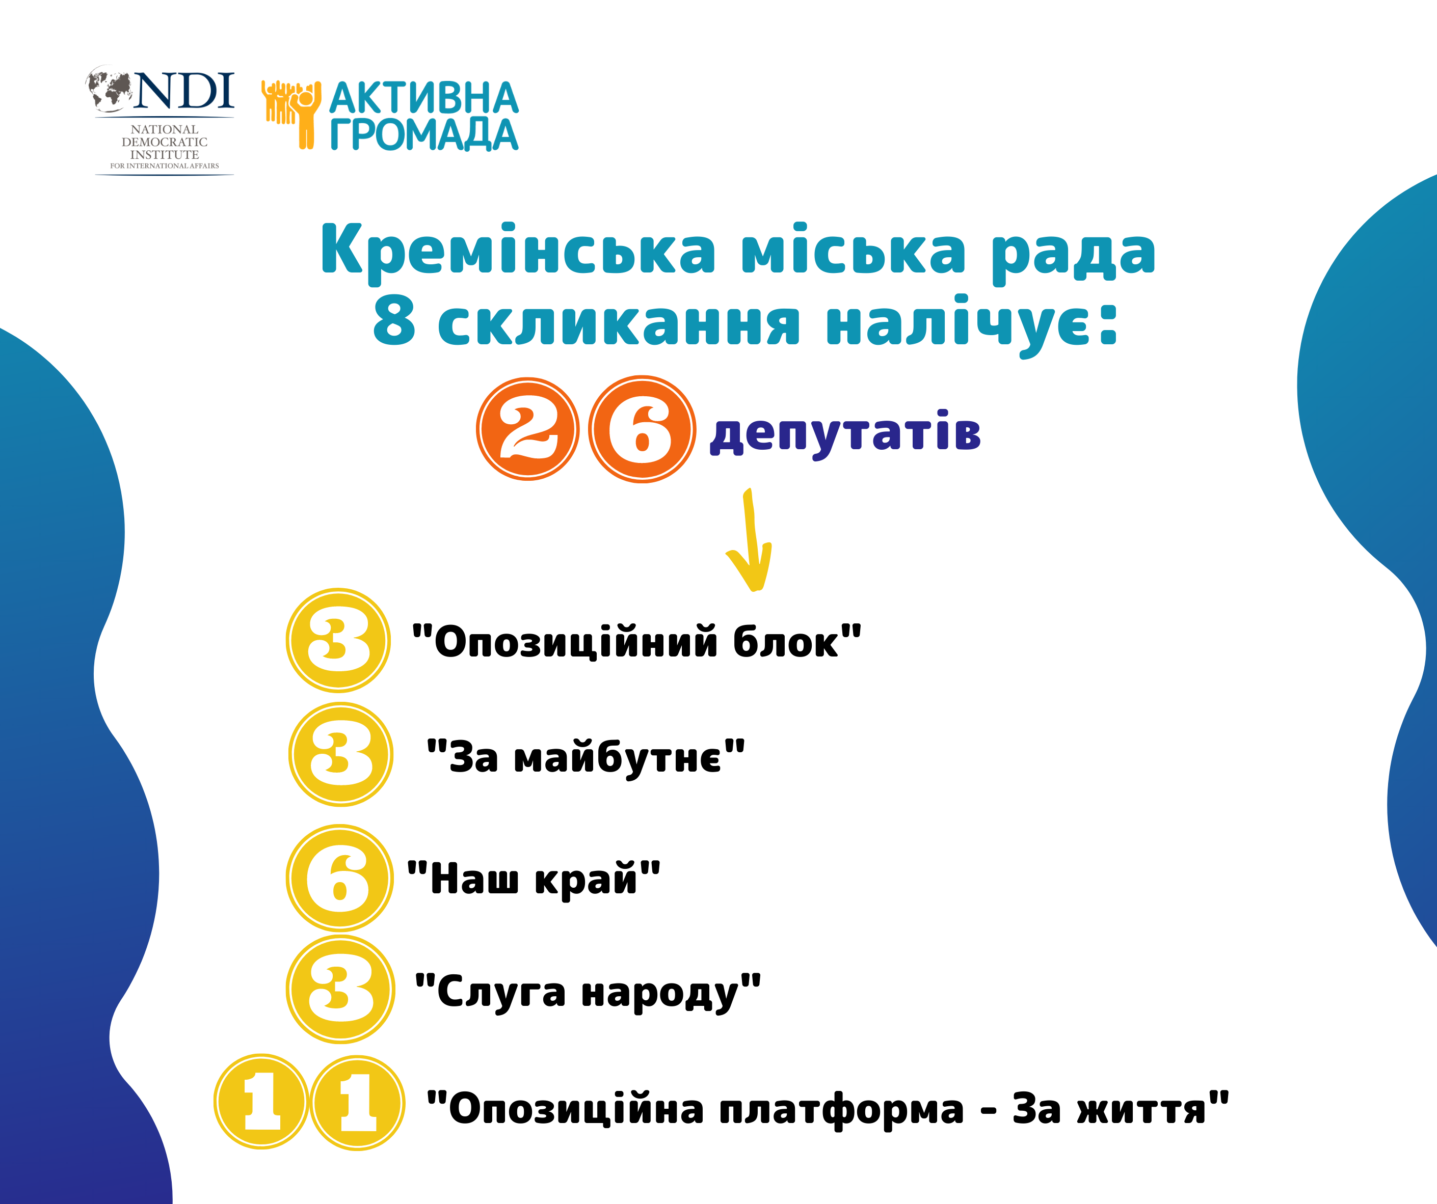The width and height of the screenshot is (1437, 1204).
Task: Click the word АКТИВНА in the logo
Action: (424, 98)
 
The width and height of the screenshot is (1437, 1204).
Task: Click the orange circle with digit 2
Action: (527, 429)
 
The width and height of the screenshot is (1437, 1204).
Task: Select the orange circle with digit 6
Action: (643, 429)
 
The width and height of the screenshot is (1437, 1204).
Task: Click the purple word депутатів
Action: (846, 434)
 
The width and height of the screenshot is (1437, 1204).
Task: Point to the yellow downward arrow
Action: (751, 540)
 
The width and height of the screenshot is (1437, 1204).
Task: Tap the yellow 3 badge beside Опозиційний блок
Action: (338, 640)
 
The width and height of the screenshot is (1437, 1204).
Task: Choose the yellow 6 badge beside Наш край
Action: (339, 877)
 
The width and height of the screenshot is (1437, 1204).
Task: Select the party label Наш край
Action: (534, 879)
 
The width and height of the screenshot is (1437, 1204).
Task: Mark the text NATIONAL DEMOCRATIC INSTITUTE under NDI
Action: (164, 142)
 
